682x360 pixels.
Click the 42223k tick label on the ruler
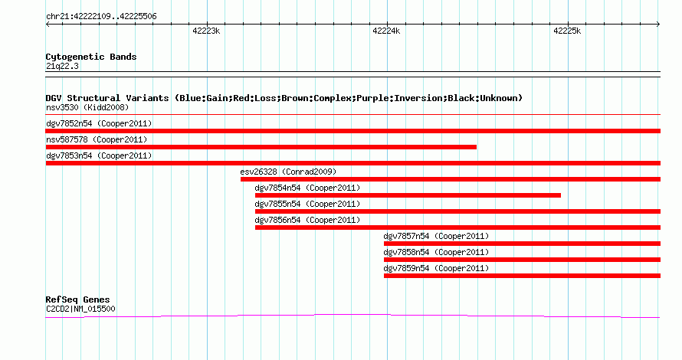click(x=206, y=31)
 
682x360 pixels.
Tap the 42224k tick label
click(x=386, y=31)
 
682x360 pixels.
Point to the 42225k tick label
click(x=567, y=31)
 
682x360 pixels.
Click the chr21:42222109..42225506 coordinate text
click(x=101, y=17)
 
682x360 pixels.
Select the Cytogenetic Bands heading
click(x=91, y=57)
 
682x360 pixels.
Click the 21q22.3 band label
click(x=62, y=66)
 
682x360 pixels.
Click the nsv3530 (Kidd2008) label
click(x=87, y=107)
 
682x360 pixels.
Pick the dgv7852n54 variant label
click(x=69, y=123)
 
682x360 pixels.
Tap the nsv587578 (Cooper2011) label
click(x=97, y=139)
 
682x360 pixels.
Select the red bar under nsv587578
click(x=261, y=147)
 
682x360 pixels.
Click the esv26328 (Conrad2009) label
click(x=288, y=172)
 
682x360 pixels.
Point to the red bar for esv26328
click(x=451, y=179)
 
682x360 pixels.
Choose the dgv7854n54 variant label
click(x=277, y=188)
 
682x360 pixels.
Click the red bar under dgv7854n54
click(x=408, y=195)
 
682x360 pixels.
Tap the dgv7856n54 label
click(x=277, y=220)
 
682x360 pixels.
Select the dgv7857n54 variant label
click(x=406, y=236)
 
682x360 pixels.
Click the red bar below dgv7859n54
click(x=522, y=276)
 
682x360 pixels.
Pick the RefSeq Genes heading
click(x=77, y=299)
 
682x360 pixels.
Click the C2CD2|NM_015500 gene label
click(x=80, y=309)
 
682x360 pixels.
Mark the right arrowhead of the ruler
click(x=659, y=24)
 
